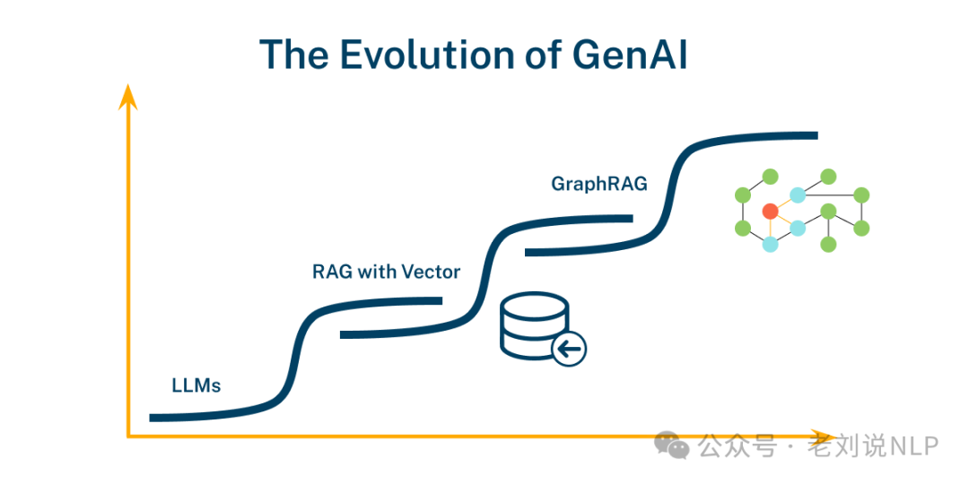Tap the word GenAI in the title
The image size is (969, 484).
pyautogui.click(x=630, y=55)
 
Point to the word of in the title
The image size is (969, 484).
pyautogui.click(x=538, y=55)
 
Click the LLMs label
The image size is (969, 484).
pyautogui.click(x=196, y=386)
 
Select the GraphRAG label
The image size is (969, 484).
pyautogui.click(x=599, y=184)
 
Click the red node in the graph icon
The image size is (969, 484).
pyautogui.click(x=770, y=212)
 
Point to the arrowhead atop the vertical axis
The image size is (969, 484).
pyautogui.click(x=128, y=95)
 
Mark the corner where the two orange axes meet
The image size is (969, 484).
pyautogui.click(x=128, y=436)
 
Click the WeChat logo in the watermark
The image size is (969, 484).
pyautogui.click(x=672, y=445)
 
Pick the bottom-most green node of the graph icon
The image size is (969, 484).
pyautogui.click(x=828, y=244)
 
